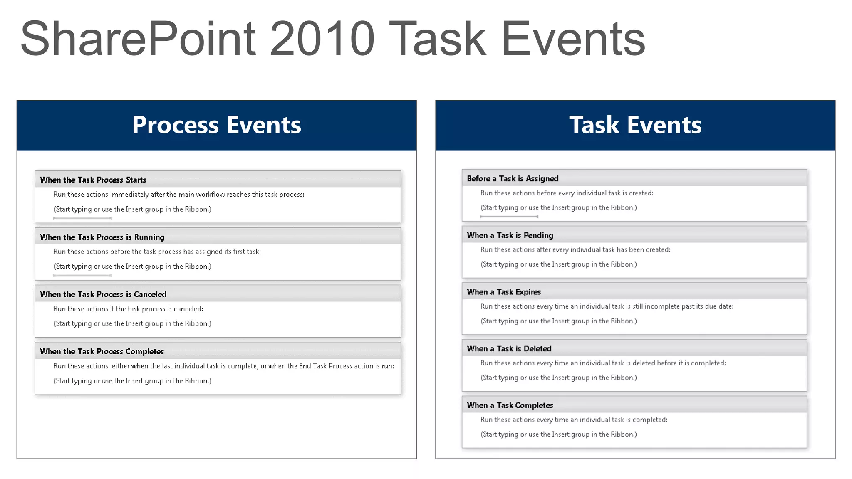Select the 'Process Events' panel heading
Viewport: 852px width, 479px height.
216,125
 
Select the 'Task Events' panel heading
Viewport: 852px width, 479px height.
635,125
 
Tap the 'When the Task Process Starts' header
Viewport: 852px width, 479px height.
93,180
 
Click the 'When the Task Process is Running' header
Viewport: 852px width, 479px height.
102,237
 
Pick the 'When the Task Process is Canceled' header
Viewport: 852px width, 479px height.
103,294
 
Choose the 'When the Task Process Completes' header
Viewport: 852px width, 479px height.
102,351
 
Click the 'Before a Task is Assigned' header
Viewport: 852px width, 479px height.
513,178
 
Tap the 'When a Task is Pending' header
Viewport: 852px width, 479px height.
510,235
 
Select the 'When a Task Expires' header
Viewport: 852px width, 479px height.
504,292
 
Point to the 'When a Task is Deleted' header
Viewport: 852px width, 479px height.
509,348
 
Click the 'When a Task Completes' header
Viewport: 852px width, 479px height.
510,405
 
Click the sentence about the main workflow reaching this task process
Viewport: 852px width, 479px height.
179,194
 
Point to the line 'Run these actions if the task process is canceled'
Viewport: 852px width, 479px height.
128,309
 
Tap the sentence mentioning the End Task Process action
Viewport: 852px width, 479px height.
224,366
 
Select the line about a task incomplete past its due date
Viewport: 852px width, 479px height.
607,306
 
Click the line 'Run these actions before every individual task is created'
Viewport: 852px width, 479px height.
567,193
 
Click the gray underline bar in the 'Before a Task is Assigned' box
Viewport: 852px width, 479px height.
509,217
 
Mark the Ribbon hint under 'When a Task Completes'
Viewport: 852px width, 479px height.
558,435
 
